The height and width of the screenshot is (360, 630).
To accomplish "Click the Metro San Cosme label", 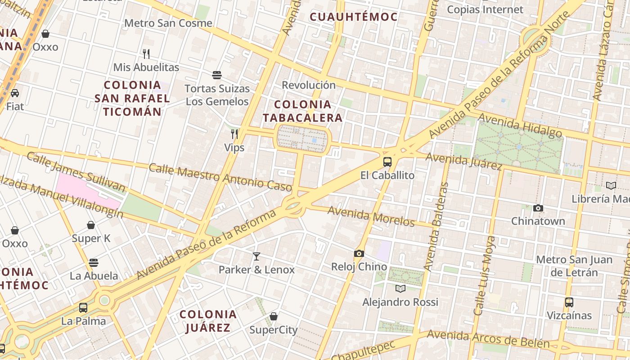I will (168, 23).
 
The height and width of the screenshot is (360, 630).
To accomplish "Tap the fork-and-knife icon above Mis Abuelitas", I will (146, 54).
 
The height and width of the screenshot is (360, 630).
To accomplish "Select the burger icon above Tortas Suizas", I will (217, 75).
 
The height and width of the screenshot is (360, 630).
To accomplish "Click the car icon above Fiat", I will (15, 93).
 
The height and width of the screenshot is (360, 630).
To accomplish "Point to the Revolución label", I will (309, 85).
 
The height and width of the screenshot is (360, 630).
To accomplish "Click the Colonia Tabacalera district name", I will (302, 111).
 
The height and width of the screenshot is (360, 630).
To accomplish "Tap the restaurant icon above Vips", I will (234, 134).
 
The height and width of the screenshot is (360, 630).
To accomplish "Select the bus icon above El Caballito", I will (387, 162).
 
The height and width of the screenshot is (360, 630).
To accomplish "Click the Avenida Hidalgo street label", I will (520, 125).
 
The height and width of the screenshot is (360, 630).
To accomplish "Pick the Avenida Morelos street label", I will (371, 216).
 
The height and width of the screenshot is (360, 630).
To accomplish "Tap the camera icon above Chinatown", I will (538, 208).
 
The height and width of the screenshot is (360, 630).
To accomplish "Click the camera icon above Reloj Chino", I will (359, 253).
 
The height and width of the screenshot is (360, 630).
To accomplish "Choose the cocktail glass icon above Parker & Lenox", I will (256, 256).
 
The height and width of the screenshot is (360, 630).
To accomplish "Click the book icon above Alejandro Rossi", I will (400, 288).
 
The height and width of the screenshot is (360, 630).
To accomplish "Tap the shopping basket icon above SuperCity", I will (273, 317).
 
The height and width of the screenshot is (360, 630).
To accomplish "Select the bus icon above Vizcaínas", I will (569, 302).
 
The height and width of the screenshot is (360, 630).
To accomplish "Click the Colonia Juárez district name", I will (208, 321).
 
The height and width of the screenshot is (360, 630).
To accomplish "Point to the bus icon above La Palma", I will (83, 308).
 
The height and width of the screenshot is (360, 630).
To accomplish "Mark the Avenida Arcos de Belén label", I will (488, 339).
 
